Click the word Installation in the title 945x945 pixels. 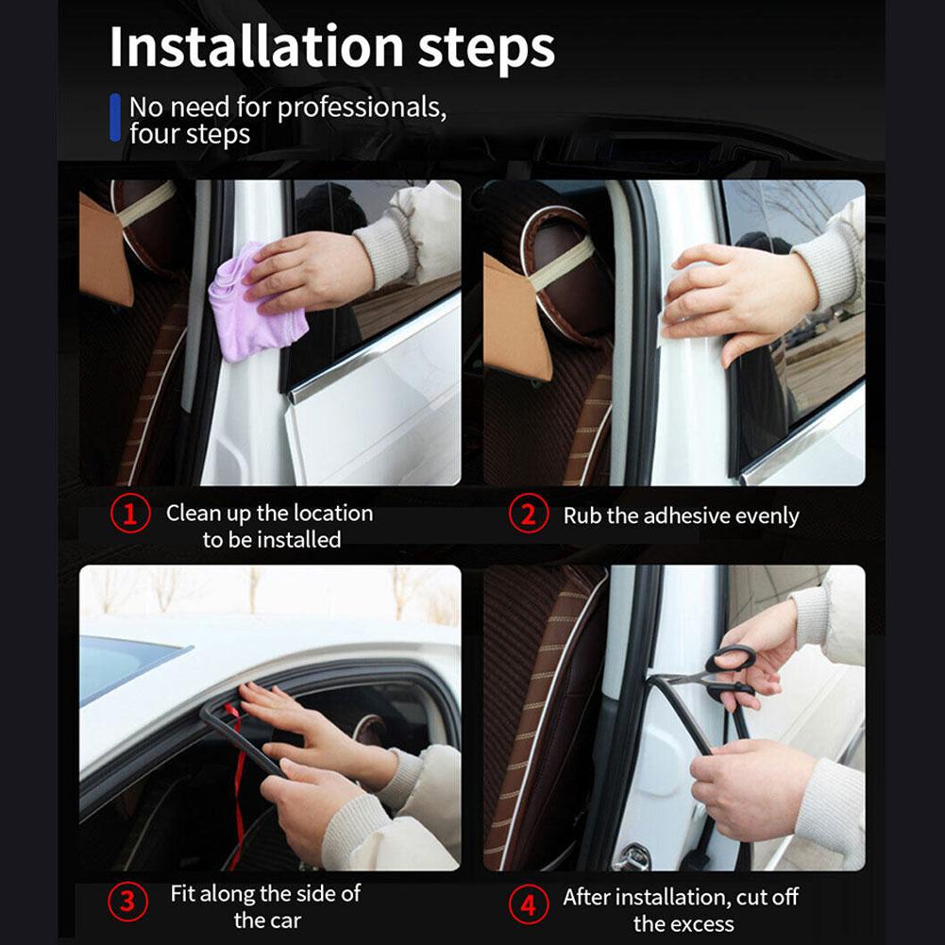coord(256,46)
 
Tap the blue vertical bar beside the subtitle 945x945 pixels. coord(115,117)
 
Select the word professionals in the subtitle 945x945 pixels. coord(361,109)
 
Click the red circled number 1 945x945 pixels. coord(130,514)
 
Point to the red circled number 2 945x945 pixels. coord(529,515)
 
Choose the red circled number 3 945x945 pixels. coord(127,902)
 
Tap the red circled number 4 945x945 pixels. coord(529,904)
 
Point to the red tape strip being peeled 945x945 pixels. coord(237,784)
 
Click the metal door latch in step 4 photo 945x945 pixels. coord(631,856)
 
